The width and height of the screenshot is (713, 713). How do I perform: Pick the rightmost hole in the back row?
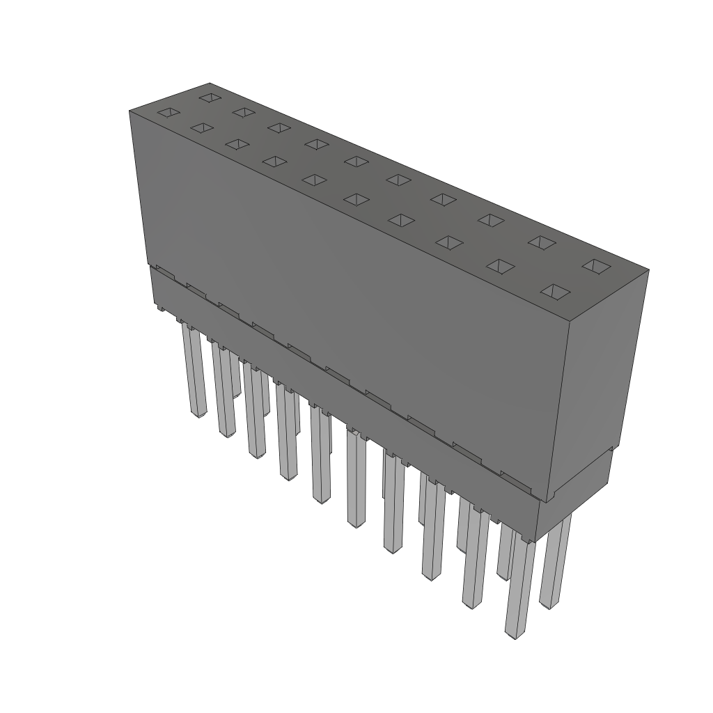click(597, 265)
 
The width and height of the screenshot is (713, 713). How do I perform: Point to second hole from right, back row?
click(542, 242)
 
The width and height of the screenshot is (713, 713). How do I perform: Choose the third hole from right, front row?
click(450, 242)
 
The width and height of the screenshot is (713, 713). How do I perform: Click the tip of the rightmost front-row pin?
click(514, 634)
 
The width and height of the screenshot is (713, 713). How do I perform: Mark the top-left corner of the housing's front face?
click(130, 111)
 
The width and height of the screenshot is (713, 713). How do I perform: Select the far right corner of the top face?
click(648, 271)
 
